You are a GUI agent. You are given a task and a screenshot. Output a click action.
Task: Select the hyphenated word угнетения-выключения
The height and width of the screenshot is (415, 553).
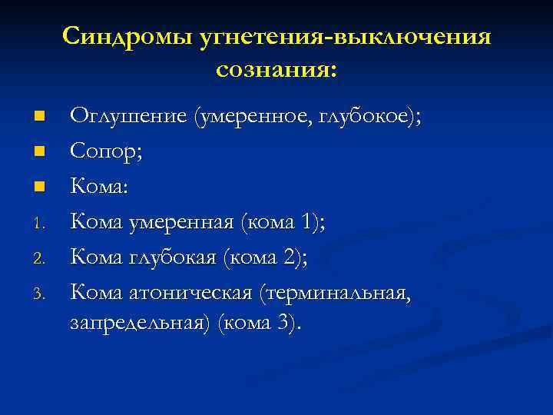342,37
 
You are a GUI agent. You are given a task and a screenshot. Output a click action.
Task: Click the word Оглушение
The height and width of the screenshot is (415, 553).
128,117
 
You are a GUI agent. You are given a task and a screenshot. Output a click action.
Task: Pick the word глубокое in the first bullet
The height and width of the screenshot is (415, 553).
370,117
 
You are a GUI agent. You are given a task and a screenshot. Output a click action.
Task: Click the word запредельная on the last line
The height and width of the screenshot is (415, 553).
141,323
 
